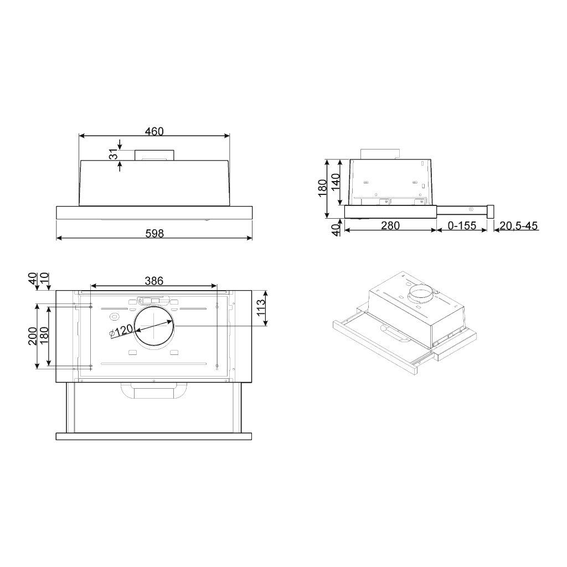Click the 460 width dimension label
pos(154,131)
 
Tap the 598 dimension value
pos(154,234)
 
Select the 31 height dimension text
pos(114,154)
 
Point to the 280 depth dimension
pos(390,226)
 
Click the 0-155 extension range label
pos(462,226)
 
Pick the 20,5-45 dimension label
pos(518,226)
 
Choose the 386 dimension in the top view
pos(154,280)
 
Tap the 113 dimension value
pos(261,308)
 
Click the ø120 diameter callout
pos(121,331)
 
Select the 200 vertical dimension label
pos(33,336)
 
